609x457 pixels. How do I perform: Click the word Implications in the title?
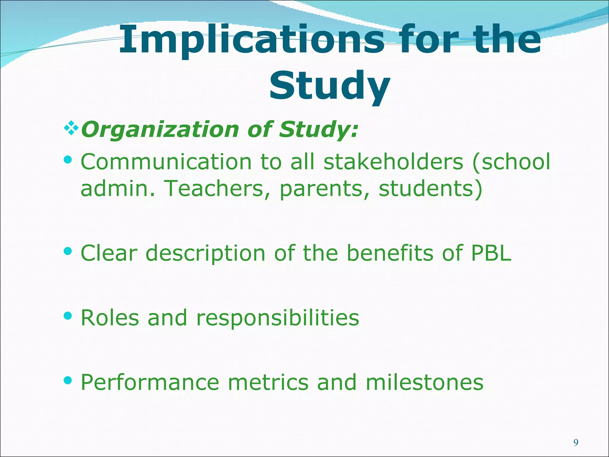pos(252,40)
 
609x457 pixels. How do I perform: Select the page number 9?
pos(576,443)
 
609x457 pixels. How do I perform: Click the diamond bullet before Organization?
pos(71,129)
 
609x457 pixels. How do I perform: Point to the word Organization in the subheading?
pos(160,130)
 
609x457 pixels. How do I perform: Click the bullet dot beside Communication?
pos(68,160)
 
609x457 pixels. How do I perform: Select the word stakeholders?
pos(393,162)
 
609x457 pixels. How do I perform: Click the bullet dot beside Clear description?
pos(68,251)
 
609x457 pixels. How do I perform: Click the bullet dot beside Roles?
pos(68,316)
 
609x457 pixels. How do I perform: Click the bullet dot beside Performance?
pos(68,380)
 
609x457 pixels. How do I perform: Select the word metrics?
pos(268,382)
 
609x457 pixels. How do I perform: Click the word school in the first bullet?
pos(516,162)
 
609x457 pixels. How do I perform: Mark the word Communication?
pos(166,162)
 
